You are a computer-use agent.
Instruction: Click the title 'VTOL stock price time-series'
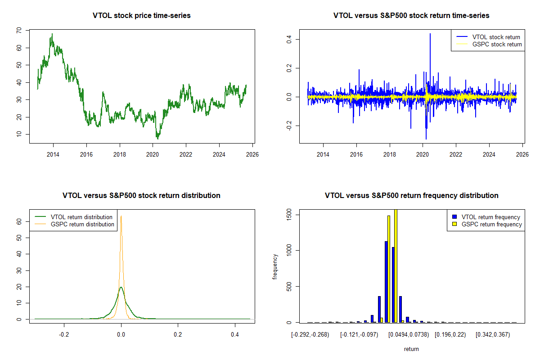tap(142, 16)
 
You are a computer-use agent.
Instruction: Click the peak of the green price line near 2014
tap(52, 34)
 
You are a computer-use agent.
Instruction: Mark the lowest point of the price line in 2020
tap(157, 139)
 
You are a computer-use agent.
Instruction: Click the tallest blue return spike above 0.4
tap(430, 34)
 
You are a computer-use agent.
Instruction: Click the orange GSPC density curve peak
tap(121, 216)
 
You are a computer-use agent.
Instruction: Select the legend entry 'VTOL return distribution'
tap(81, 217)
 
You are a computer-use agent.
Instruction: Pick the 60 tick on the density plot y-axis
tap(19, 221)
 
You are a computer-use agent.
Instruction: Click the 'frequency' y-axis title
tap(275, 267)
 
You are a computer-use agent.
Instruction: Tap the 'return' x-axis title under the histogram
tap(411, 349)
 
